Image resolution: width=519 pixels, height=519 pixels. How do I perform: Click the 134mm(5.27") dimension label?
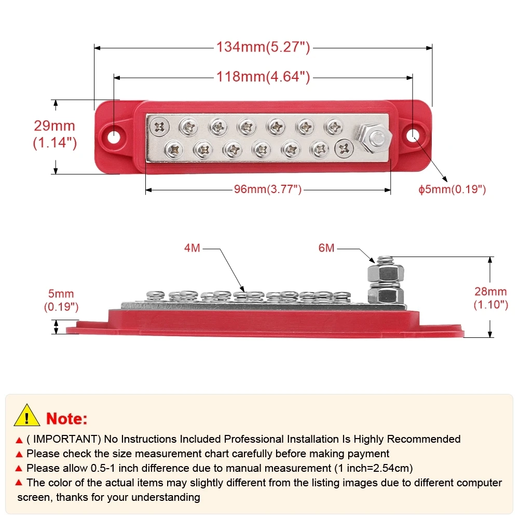point(263,47)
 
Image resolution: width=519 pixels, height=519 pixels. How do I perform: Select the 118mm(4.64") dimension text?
point(263,77)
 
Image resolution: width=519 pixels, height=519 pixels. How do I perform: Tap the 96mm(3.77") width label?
point(267,190)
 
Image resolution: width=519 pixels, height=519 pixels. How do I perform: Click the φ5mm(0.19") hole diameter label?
point(452,189)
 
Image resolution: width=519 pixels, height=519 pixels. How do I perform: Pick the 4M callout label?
point(192,249)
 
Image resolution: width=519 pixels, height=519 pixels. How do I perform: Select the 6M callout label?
point(326,249)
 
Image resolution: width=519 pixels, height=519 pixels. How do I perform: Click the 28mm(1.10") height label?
point(490,298)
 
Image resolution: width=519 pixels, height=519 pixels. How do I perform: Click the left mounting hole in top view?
point(114,136)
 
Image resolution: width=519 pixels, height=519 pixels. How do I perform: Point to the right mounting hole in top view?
point(413,136)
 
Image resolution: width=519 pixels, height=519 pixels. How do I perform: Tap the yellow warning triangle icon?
point(27,416)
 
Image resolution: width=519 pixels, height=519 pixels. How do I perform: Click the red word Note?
point(67,418)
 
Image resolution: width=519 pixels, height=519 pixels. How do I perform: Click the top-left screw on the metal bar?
point(158,126)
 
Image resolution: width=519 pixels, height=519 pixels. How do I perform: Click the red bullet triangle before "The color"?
point(19,483)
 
